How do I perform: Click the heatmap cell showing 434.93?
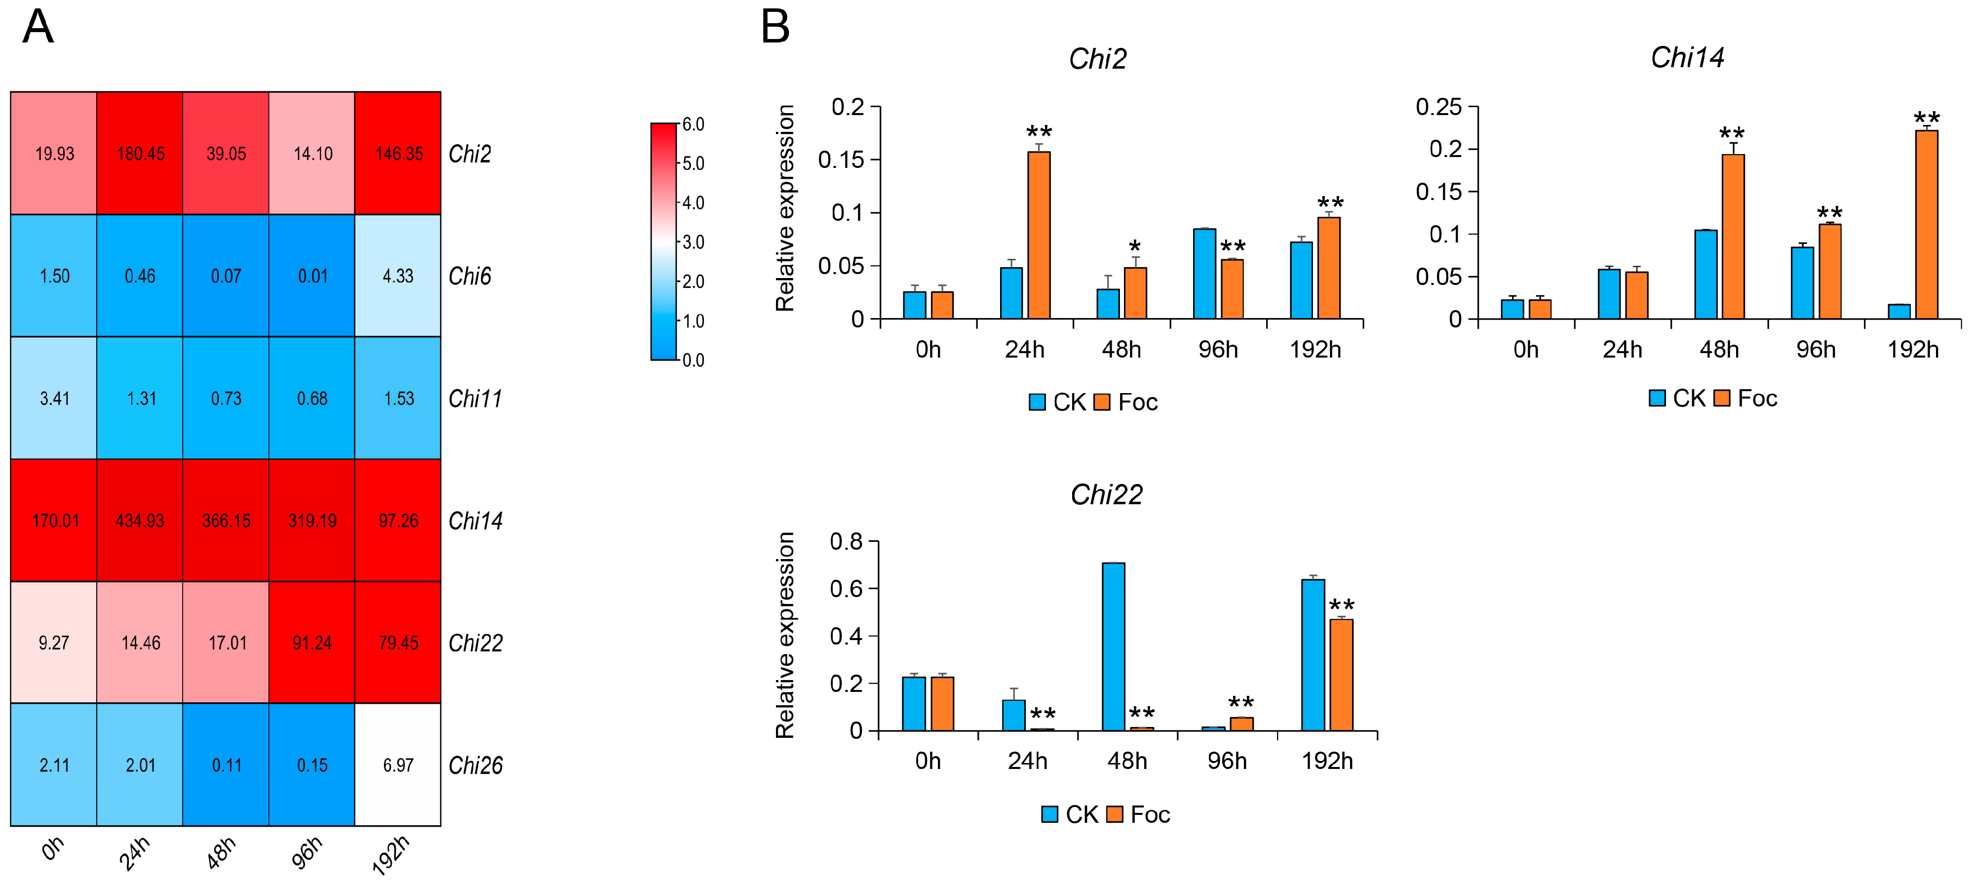coord(140,520)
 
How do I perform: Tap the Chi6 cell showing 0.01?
coord(312,276)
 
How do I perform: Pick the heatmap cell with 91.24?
coord(312,643)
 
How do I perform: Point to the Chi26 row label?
coord(475,765)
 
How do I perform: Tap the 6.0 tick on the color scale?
coord(693,124)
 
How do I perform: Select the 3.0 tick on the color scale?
coord(693,242)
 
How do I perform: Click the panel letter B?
coord(774,28)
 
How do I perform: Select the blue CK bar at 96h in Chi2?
coord(1204,274)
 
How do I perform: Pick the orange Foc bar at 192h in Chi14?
coord(1927,224)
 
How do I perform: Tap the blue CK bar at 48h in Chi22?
coord(1113,646)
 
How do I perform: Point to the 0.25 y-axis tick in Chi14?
coord(1438,107)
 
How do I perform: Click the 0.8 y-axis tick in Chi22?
coord(846,541)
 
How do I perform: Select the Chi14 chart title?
coord(1687,57)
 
